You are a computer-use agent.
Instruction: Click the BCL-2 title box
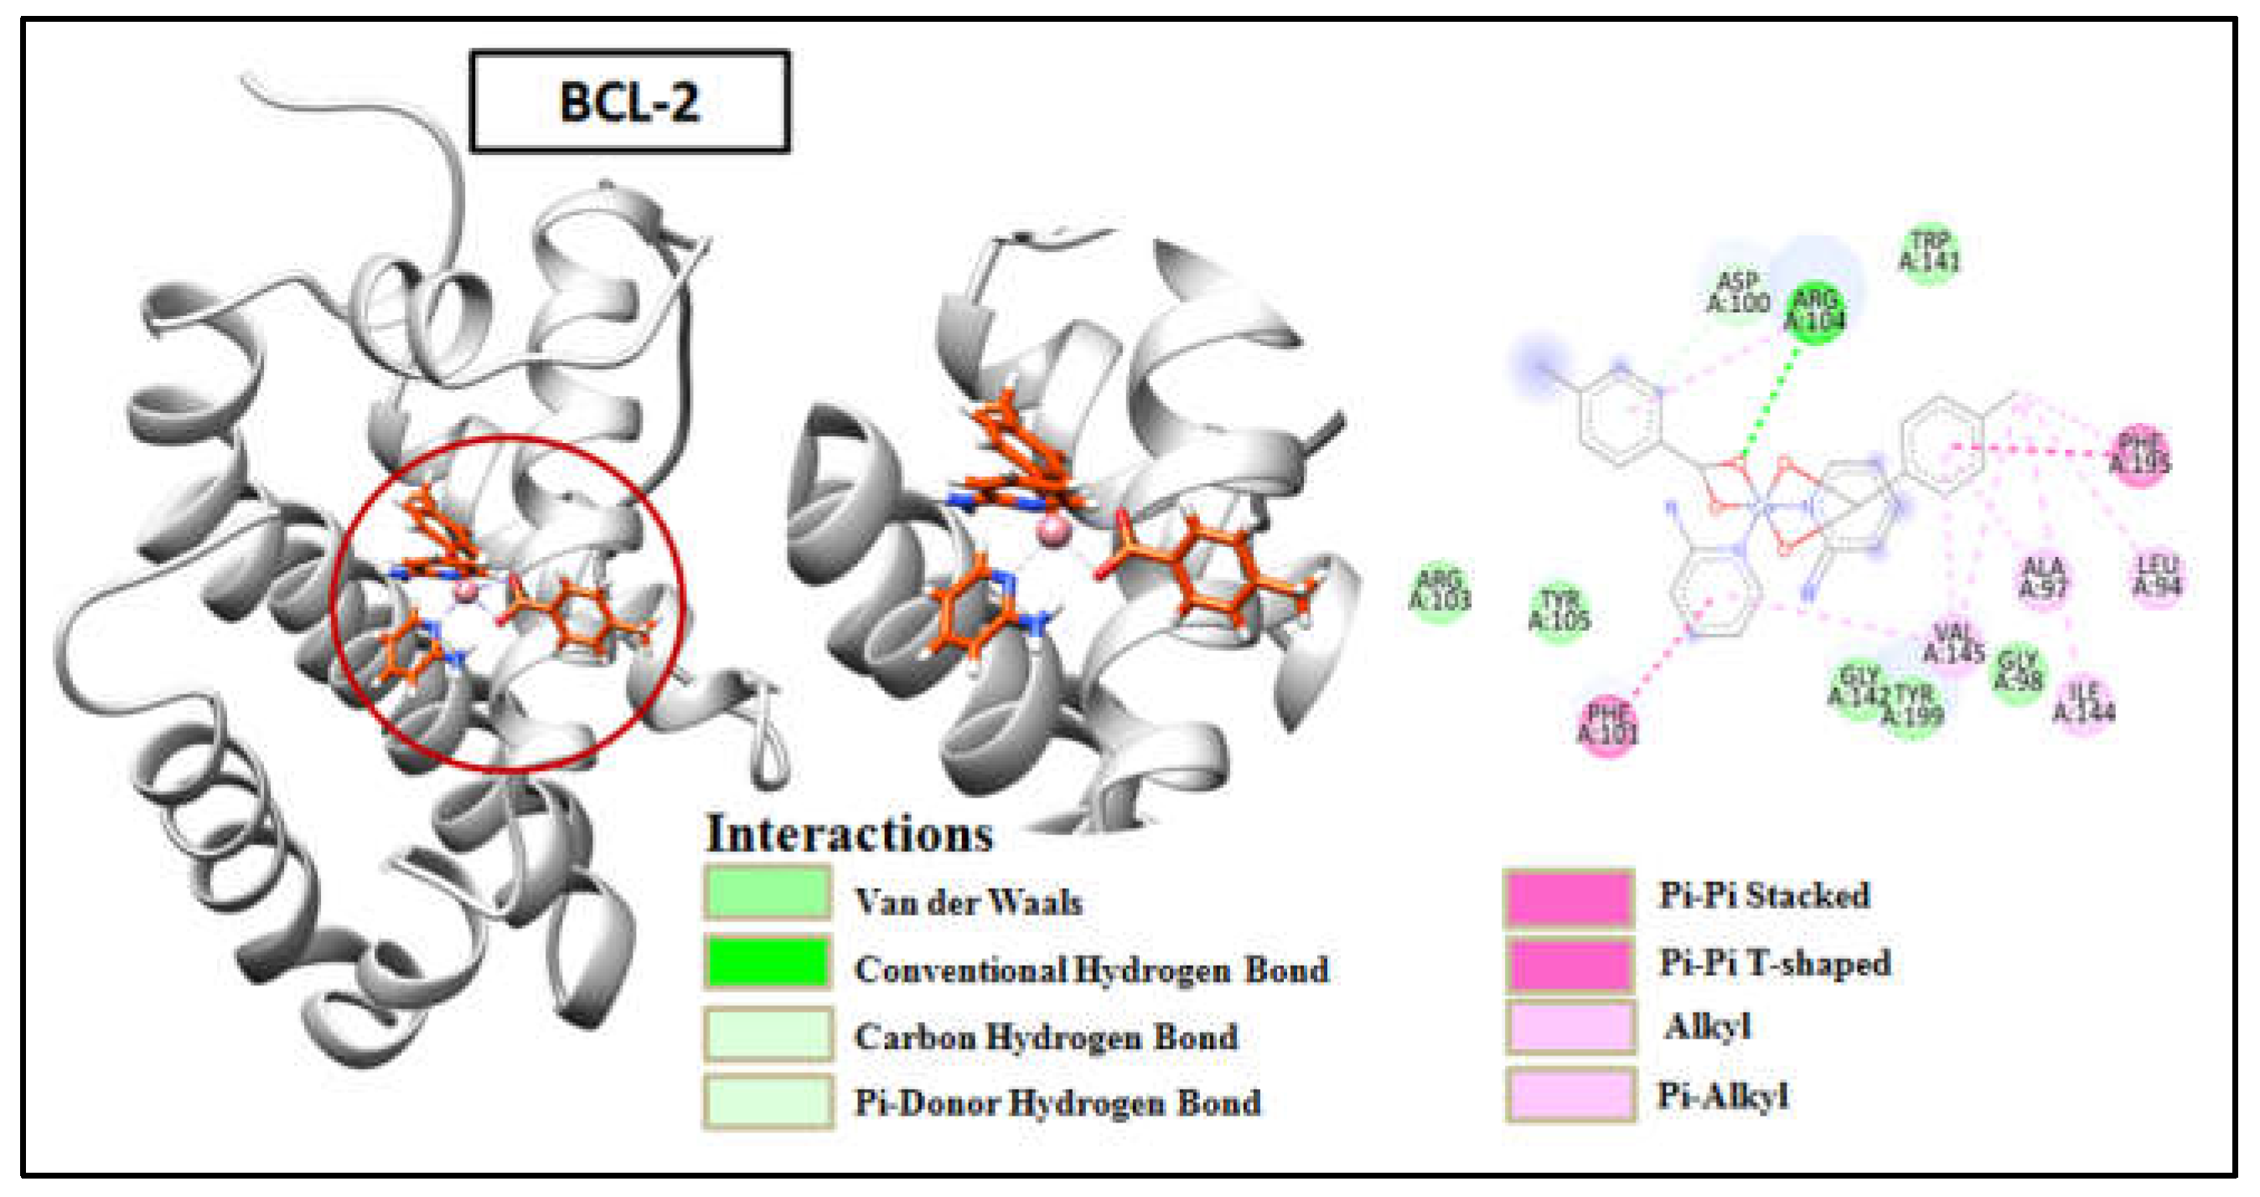coord(630,101)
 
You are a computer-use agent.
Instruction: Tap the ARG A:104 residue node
coord(1814,312)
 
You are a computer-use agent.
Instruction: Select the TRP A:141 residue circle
coord(1929,253)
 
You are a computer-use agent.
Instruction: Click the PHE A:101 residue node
coord(1608,725)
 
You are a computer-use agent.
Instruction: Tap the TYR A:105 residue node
coord(1559,611)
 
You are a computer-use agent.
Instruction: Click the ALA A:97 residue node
coord(2043,579)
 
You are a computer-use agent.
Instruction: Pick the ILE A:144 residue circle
coord(2084,704)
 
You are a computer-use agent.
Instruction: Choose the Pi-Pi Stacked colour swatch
coord(1569,898)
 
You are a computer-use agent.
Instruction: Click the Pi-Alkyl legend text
coord(1722,1096)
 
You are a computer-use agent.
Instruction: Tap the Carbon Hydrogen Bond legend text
coord(1046,1036)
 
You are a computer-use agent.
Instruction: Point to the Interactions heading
coord(849,833)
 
